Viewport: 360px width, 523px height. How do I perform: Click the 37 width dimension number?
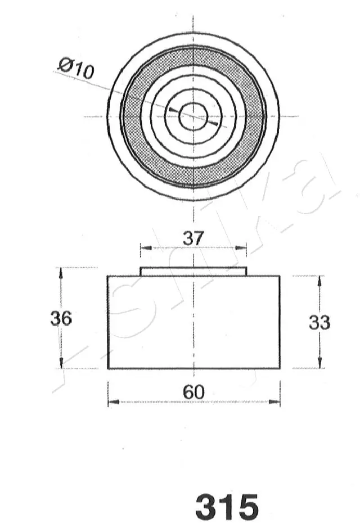193,238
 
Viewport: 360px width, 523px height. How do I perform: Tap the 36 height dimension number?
61,318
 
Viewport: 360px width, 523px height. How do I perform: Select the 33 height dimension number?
319,322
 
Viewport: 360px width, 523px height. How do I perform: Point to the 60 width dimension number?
193,393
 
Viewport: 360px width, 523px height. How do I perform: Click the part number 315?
227,507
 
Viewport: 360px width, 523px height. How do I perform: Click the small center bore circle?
193,116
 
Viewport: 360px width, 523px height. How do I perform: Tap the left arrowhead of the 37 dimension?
143,247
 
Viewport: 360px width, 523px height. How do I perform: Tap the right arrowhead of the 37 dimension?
244,247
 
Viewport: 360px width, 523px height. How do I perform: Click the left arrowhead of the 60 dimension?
111,402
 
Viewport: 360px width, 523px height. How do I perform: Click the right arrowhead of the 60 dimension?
276,402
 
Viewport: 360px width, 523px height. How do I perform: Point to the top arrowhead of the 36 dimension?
61,272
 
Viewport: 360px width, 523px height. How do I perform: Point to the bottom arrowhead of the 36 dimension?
61,364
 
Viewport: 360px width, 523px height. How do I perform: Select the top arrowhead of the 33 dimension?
319,280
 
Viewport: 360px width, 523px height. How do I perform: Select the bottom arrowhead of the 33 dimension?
319,364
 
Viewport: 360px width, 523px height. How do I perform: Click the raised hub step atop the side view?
193,272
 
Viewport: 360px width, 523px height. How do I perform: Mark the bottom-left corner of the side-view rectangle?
108,368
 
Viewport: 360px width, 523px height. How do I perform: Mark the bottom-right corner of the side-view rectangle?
280,368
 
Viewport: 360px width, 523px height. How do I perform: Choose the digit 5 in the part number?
246,507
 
